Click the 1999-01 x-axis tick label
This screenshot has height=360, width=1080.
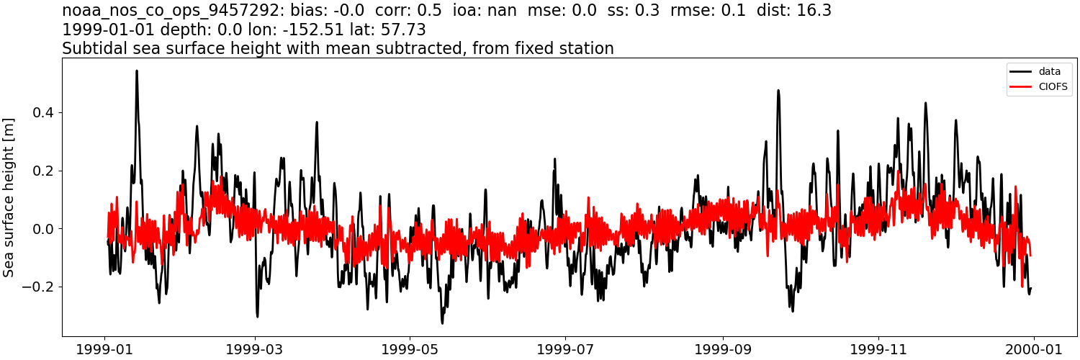[105, 349]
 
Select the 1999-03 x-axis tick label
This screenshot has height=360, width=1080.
[255, 349]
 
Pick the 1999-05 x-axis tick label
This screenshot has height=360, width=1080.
[410, 349]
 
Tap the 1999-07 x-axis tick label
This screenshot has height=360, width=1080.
[565, 349]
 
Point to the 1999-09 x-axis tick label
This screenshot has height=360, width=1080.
[722, 349]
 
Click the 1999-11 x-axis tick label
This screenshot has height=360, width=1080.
[878, 349]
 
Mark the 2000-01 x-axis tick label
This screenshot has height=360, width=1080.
[1033, 349]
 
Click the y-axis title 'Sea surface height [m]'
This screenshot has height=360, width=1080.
[9, 197]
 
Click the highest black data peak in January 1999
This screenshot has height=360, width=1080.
[137, 71]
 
